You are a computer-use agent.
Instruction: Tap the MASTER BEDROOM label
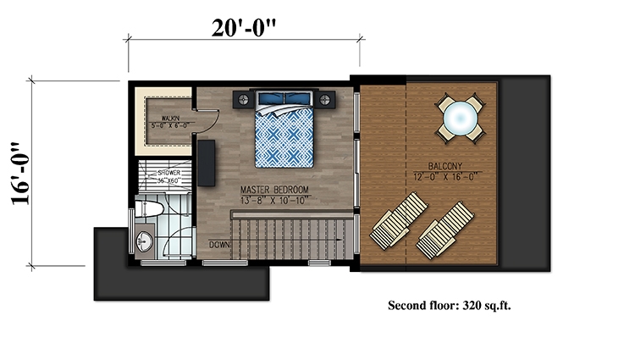click(275, 191)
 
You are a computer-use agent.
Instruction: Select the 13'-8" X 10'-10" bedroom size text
click(275, 201)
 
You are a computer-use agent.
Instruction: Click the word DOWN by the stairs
click(218, 245)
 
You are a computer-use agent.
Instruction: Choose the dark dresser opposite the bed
click(207, 160)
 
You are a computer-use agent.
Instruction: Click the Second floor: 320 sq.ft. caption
click(449, 305)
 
